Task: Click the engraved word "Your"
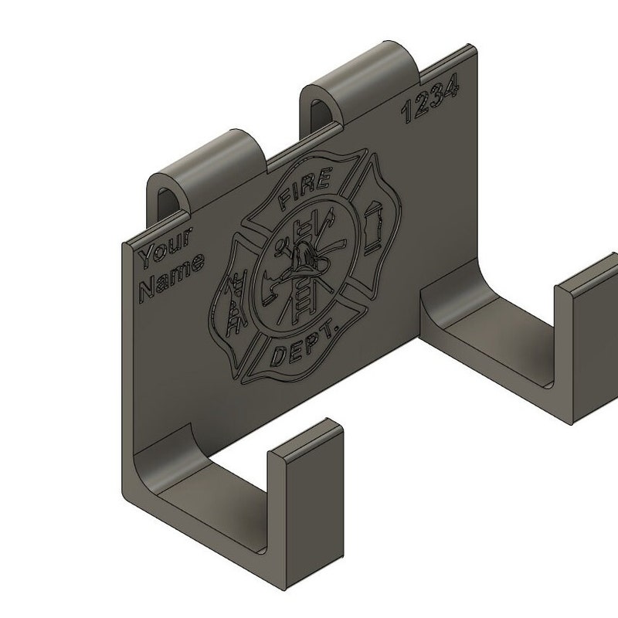pos(165,246)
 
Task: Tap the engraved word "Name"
pos(172,276)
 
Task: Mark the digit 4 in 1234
pos(452,87)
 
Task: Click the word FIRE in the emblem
pos(304,188)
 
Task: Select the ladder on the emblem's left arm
pos(236,303)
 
